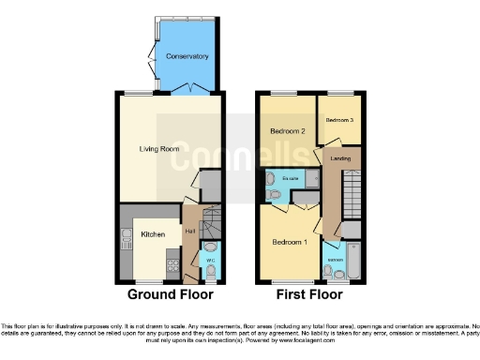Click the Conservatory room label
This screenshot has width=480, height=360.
click(187, 56)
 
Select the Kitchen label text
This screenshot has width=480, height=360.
click(153, 234)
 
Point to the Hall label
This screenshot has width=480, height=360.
click(189, 232)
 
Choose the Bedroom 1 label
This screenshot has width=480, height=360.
click(289, 241)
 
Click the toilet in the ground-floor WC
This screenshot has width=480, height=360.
click(211, 271)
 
